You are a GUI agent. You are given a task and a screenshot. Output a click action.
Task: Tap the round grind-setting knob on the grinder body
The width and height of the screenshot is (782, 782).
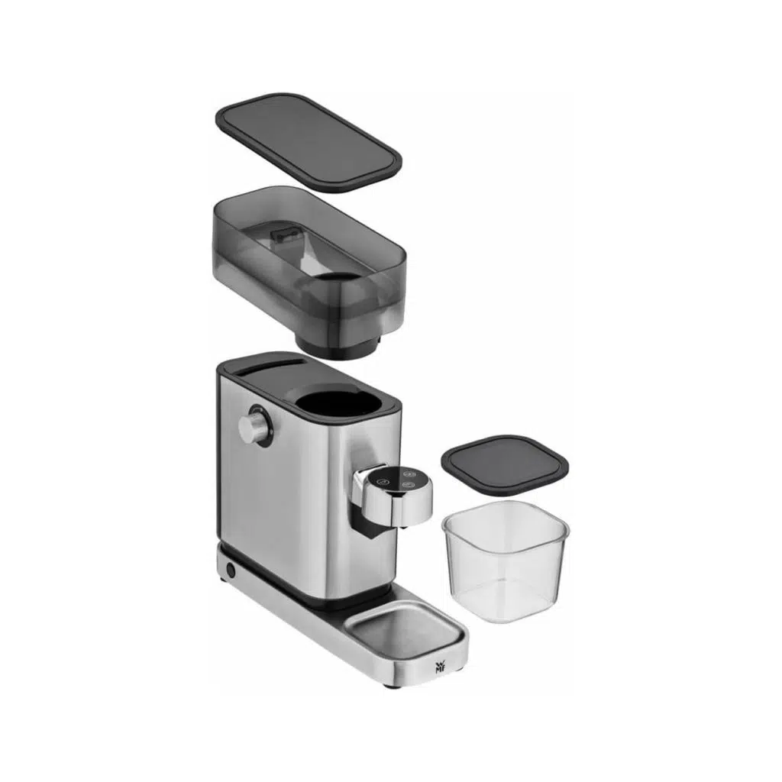(x=255, y=425)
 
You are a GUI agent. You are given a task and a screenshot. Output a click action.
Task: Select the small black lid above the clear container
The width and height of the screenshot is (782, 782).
(x=506, y=465)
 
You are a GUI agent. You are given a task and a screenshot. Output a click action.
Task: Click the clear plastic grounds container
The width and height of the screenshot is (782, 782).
(x=506, y=561)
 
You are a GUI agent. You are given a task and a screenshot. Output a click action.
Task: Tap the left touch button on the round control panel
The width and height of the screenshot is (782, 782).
(x=383, y=482)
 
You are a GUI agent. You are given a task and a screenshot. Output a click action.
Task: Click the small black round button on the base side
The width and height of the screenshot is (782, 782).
(x=231, y=570)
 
